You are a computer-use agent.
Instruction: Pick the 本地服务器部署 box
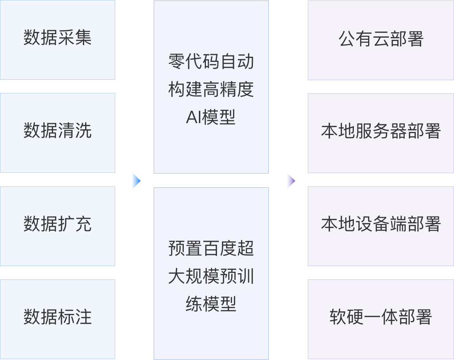coord(381,132)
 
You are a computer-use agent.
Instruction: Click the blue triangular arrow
coord(136,181)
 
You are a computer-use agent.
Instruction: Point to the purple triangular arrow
coord(291,181)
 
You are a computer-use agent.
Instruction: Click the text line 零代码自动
coord(211,62)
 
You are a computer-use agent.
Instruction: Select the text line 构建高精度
coord(211,89)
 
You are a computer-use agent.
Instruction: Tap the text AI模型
coord(211,117)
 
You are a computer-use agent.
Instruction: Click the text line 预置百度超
coord(211,248)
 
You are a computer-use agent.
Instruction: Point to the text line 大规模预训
coord(211,276)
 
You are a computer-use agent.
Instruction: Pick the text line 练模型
coord(211,304)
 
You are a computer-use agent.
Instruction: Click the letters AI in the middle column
coord(194,117)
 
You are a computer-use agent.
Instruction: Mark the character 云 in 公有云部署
coord(381,39)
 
